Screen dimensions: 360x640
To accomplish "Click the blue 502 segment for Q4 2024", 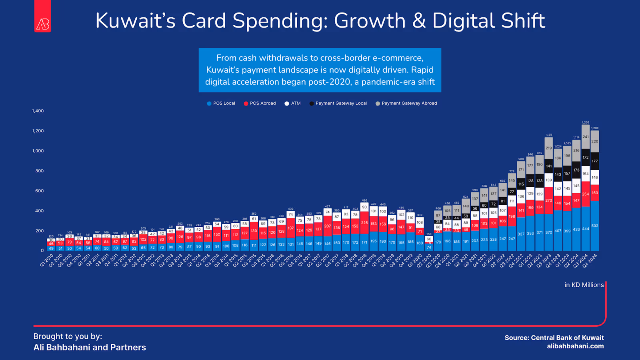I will point(595,226).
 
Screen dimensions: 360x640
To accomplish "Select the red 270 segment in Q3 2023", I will point(549,200).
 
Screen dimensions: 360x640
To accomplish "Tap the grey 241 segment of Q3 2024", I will point(586,137).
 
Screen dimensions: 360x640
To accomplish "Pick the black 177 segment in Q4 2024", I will point(595,161).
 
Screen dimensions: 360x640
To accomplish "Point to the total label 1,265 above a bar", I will point(586,122).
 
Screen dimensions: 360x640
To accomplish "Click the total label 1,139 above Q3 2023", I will point(549,135).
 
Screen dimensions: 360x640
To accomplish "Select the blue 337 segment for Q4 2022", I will point(521,234).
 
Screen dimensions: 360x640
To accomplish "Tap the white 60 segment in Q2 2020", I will point(429,239).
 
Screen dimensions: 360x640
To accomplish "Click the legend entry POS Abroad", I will point(260,103).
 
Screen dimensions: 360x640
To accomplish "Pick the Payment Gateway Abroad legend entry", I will point(406,103).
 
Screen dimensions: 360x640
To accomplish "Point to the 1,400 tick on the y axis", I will point(38,111).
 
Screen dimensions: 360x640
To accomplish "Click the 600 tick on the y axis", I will point(39,191).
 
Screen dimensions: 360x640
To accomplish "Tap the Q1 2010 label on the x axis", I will point(47,260).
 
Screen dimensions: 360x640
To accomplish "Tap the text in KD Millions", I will point(584,285).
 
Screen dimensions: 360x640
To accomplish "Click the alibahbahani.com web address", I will point(575,346).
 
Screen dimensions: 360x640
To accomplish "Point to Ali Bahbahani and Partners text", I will point(90,347).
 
